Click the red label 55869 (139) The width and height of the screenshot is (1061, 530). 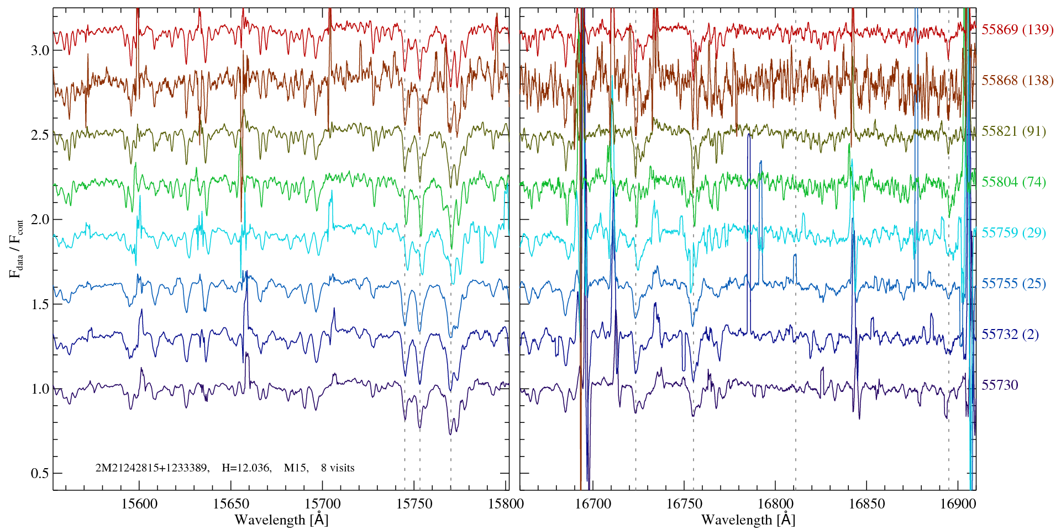pyautogui.click(x=1017, y=30)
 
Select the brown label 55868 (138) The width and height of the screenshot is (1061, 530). pyautogui.click(x=1017, y=81)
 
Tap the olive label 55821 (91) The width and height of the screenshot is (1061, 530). pyautogui.click(x=1013, y=131)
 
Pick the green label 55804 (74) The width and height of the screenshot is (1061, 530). pyautogui.click(x=1013, y=182)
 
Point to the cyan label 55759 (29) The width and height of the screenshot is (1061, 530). pyautogui.click(x=1013, y=233)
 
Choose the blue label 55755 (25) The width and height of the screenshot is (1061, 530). pyautogui.click(x=1013, y=284)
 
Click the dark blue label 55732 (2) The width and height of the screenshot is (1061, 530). pyautogui.click(x=1010, y=335)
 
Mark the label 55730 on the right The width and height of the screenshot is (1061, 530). pyautogui.click(x=999, y=385)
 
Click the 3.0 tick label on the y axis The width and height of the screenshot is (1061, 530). pyautogui.click(x=40, y=51)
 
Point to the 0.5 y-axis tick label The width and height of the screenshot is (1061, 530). pyautogui.click(x=40, y=474)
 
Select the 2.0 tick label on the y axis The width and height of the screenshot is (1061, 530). pyautogui.click(x=40, y=220)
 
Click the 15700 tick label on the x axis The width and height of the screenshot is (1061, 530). pyautogui.click(x=323, y=504)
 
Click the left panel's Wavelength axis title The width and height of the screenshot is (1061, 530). pyautogui.click(x=281, y=520)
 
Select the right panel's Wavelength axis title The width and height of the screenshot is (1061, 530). pyautogui.click(x=748, y=520)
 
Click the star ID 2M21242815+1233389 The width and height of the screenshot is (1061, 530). pyautogui.click(x=152, y=468)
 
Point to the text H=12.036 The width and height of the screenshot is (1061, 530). pyautogui.click(x=246, y=468)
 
